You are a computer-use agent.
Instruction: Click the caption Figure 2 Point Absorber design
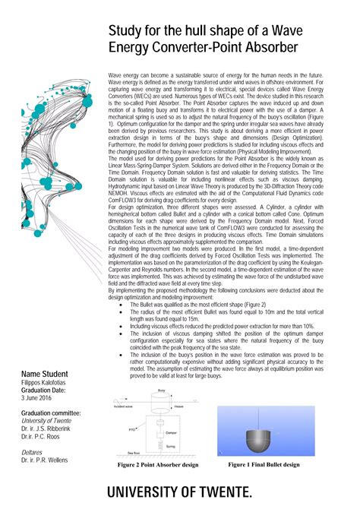[157, 464]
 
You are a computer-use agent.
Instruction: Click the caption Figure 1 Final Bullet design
[264, 463]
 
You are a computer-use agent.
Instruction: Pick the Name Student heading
[45, 375]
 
